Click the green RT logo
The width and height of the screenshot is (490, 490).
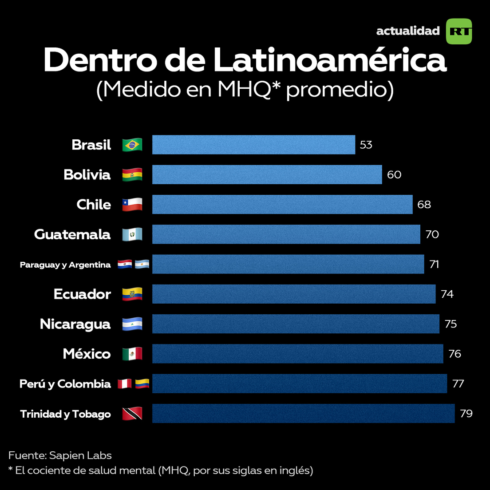[x=458, y=31]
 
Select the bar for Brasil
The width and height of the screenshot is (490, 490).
[x=253, y=145]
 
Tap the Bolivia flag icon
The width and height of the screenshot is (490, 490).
[x=132, y=174]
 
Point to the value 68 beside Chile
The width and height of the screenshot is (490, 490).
[x=424, y=205]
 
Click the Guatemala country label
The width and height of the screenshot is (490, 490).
[x=72, y=234]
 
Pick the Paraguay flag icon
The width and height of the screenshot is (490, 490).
[x=125, y=265]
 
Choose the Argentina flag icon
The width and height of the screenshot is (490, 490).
[x=142, y=265]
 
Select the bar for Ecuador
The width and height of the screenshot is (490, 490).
[x=293, y=294]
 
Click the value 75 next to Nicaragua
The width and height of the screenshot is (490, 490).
[x=450, y=324]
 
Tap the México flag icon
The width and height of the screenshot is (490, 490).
[x=132, y=354]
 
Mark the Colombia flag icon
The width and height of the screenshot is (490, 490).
[x=142, y=383]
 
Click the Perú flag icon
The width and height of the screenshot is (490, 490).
[x=125, y=383]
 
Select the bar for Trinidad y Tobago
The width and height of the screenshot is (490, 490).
[x=303, y=413]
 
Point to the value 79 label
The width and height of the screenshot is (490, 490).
[x=466, y=414]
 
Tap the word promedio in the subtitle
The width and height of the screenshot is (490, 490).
[x=340, y=90]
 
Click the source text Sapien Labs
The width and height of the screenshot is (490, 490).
[x=80, y=455]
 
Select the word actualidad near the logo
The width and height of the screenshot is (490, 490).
[x=407, y=31]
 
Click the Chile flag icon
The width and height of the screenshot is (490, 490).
[x=132, y=205]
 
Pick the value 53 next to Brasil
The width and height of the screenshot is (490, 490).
[x=366, y=145]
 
